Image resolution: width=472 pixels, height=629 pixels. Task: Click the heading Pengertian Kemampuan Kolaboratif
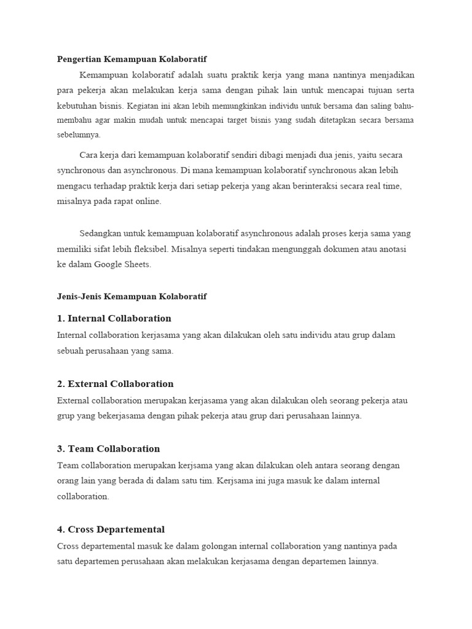[132, 60]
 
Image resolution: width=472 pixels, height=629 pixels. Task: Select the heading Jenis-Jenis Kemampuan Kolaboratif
[132, 297]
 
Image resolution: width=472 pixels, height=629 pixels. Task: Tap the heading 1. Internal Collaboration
[114, 318]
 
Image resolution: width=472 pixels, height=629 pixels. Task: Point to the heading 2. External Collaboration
[116, 384]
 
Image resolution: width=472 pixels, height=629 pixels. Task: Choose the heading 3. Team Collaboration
[108, 448]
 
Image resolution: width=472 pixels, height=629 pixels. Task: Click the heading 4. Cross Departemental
[111, 529]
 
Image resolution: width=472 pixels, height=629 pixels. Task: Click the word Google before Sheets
[109, 265]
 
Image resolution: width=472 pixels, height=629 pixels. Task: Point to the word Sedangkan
[100, 233]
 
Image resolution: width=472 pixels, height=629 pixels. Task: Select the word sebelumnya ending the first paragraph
[79, 135]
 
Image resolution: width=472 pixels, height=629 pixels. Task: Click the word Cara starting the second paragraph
[88, 154]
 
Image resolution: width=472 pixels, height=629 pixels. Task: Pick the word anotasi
[391, 249]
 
